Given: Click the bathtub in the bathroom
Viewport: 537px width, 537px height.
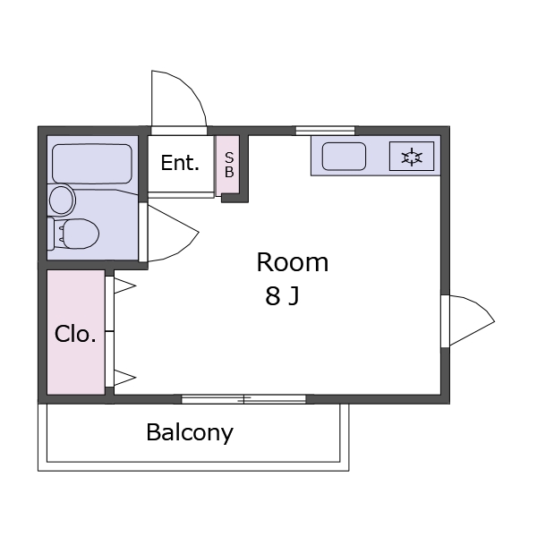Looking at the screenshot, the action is pyautogui.click(x=92, y=164).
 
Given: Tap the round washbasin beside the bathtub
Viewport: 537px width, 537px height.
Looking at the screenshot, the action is pyautogui.click(x=62, y=200).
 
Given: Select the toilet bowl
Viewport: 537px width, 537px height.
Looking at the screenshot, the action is pyautogui.click(x=81, y=234).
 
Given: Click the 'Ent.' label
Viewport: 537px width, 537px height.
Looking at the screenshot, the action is pyautogui.click(x=180, y=163).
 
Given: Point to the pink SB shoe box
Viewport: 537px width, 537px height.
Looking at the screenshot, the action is pyautogui.click(x=227, y=166).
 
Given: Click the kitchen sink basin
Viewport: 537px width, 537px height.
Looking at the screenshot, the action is pyautogui.click(x=344, y=156).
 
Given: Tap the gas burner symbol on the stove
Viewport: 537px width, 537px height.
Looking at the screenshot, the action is pyautogui.click(x=412, y=158).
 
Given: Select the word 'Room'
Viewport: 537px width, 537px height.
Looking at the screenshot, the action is pyautogui.click(x=293, y=262).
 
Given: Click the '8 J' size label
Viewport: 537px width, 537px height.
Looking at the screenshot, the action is pyautogui.click(x=282, y=296).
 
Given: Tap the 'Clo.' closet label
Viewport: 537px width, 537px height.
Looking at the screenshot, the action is pyautogui.click(x=75, y=334).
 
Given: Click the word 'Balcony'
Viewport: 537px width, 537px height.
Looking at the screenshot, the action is pyautogui.click(x=190, y=433).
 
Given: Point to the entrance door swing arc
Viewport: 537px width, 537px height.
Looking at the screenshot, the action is pyautogui.click(x=179, y=98).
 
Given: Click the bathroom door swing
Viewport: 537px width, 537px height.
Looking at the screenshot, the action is pyautogui.click(x=173, y=233).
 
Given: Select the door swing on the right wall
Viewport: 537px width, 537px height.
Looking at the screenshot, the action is pyautogui.click(x=472, y=320).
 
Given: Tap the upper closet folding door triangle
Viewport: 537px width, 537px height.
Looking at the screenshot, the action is pyautogui.click(x=124, y=286).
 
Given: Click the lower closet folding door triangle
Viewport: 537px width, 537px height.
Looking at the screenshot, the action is pyautogui.click(x=124, y=378).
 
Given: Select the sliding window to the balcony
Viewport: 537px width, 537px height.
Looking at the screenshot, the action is pyautogui.click(x=243, y=399).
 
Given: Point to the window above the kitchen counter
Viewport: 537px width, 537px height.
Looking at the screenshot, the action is pyautogui.click(x=326, y=131).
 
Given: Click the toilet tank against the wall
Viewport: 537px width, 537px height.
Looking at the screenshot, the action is pyautogui.click(x=51, y=234).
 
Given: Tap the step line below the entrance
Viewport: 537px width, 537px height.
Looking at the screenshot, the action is pyautogui.click(x=181, y=195).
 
